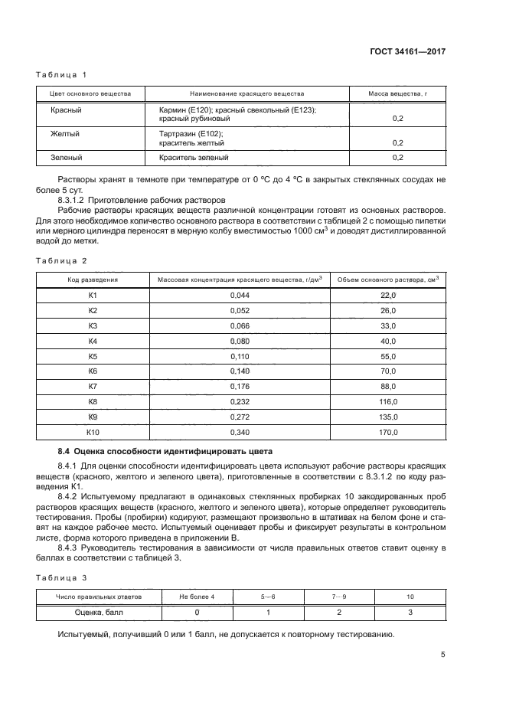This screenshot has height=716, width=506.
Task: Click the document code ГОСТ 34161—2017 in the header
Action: pyautogui.click(x=407, y=51)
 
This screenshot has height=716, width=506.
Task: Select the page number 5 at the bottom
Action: pyautogui.click(x=443, y=655)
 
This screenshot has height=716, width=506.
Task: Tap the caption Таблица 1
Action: pyautogui.click(x=62, y=74)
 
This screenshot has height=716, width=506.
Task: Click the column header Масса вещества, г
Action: pyautogui.click(x=397, y=94)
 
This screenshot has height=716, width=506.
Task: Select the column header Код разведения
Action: pyautogui.click(x=93, y=280)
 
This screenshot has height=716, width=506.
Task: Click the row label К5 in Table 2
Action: pyautogui.click(x=93, y=356)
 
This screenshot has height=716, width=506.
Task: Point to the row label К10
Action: pyautogui.click(x=93, y=433)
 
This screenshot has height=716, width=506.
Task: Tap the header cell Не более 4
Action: pyautogui.click(x=197, y=597)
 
